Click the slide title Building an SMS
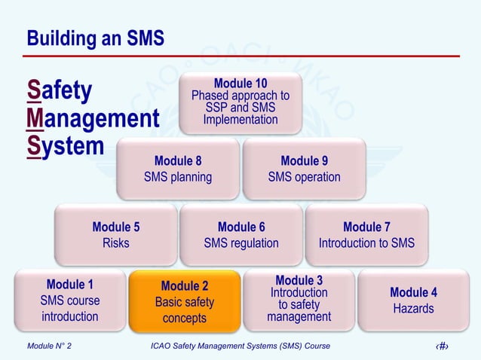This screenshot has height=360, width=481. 95,38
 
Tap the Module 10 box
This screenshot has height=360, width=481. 240,102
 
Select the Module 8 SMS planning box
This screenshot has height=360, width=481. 178,169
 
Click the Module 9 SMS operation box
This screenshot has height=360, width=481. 304,169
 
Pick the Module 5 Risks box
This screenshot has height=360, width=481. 115,234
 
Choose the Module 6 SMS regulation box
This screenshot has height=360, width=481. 241,234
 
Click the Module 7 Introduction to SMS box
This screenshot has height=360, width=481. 366,234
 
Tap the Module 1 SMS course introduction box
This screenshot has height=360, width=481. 70,300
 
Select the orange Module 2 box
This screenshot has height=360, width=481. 185,301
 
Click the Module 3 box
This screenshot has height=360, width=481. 299,300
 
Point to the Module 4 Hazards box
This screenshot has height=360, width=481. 413,300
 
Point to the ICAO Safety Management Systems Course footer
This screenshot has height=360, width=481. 240,346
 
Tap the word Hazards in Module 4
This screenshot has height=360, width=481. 413,309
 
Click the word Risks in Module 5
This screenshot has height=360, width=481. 115,243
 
